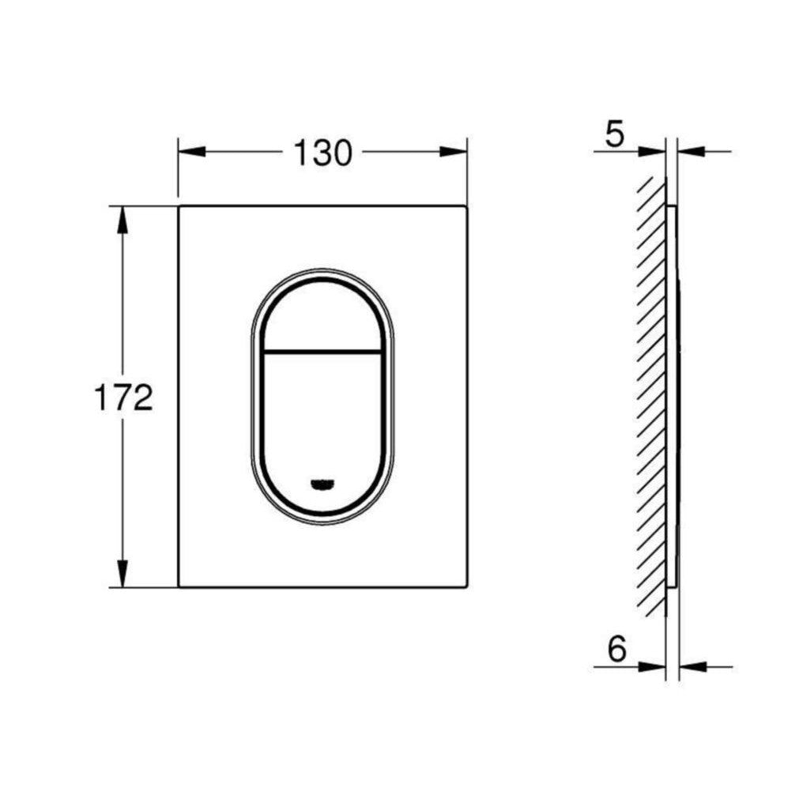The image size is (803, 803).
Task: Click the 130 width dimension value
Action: point(323,152)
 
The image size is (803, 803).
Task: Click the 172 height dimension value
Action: point(124,398)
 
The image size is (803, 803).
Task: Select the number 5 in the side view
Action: point(615,134)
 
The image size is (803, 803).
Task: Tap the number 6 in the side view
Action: point(616,648)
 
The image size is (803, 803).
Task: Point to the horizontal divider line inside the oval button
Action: point(322,351)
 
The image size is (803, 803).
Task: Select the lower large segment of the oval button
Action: point(322,430)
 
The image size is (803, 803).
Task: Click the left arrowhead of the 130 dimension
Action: point(191,152)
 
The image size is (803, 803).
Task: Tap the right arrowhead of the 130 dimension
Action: point(454,152)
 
